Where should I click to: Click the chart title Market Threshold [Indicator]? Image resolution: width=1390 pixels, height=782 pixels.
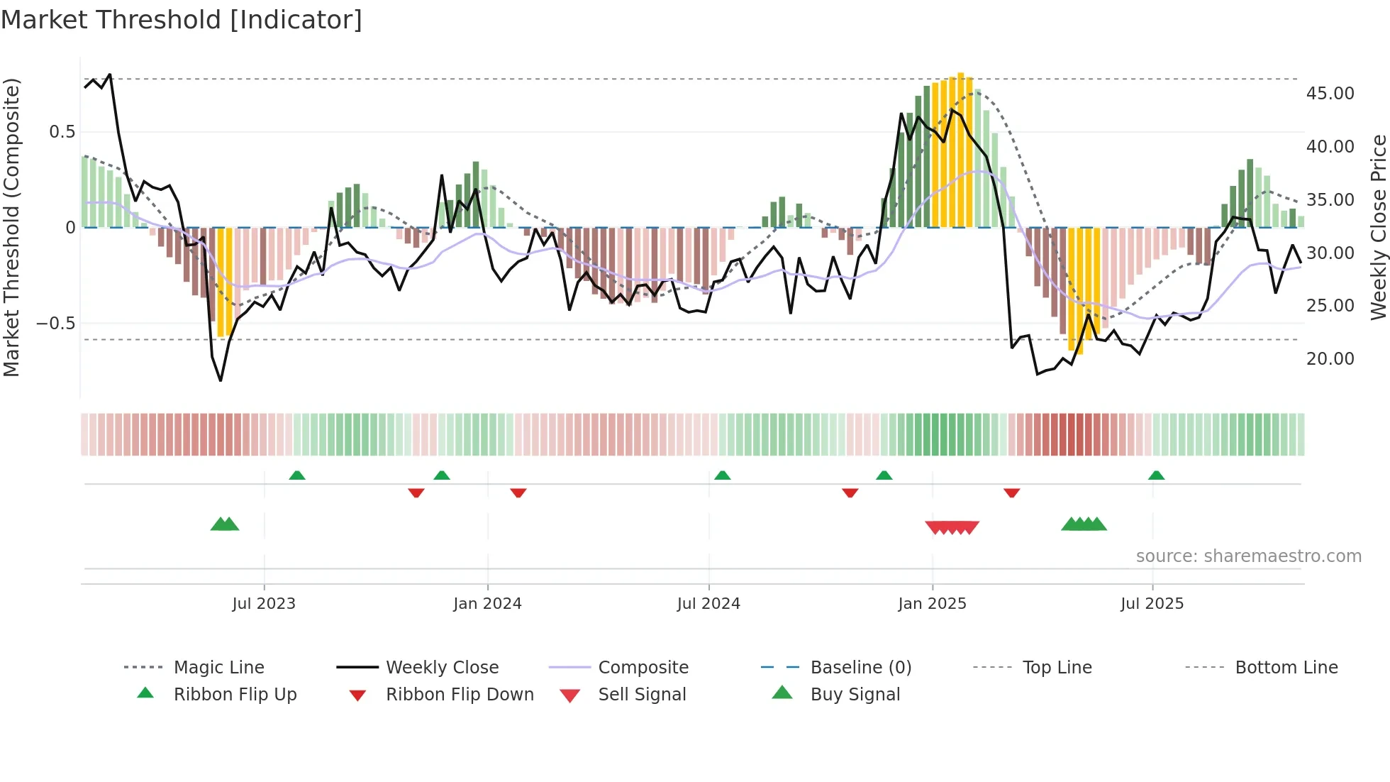pyautogui.click(x=182, y=20)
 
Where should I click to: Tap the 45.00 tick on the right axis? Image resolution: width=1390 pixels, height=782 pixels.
pyautogui.click(x=1330, y=94)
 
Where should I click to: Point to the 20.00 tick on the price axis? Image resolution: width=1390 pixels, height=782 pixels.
pyautogui.click(x=1330, y=359)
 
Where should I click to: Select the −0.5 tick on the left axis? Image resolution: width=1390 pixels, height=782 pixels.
pyautogui.click(x=55, y=324)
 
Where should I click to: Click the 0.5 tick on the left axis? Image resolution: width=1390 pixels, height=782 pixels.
pyautogui.click(x=62, y=132)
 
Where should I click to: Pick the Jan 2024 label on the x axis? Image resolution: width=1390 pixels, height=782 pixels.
pyautogui.click(x=487, y=604)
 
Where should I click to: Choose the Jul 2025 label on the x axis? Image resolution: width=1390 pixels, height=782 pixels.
pyautogui.click(x=1152, y=604)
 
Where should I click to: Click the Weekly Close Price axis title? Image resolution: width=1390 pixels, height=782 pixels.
pyautogui.click(x=1377, y=227)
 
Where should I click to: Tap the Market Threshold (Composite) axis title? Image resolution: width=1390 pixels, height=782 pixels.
pyautogui.click(x=11, y=227)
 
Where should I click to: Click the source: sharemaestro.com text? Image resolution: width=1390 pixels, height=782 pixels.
pyautogui.click(x=1248, y=556)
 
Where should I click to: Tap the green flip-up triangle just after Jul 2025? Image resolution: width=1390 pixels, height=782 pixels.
pyautogui.click(x=1156, y=475)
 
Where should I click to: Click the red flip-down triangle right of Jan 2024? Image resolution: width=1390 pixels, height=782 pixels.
pyautogui.click(x=518, y=492)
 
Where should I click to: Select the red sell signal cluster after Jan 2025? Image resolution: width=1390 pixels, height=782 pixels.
pyautogui.click(x=952, y=527)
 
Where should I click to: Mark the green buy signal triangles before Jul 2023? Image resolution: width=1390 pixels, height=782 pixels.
pyautogui.click(x=225, y=524)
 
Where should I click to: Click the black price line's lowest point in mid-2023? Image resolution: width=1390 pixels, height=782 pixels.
pyautogui.click(x=221, y=380)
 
